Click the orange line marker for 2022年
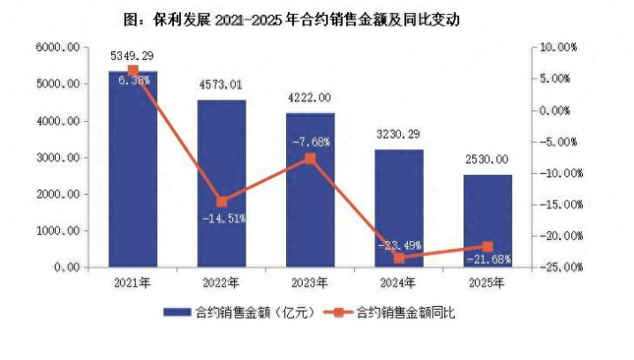pos(221,201)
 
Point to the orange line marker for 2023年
pos(310,159)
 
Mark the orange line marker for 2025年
pos(487,247)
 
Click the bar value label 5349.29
pos(133,55)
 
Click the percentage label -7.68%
pos(311,141)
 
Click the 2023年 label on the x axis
pos(310,283)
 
